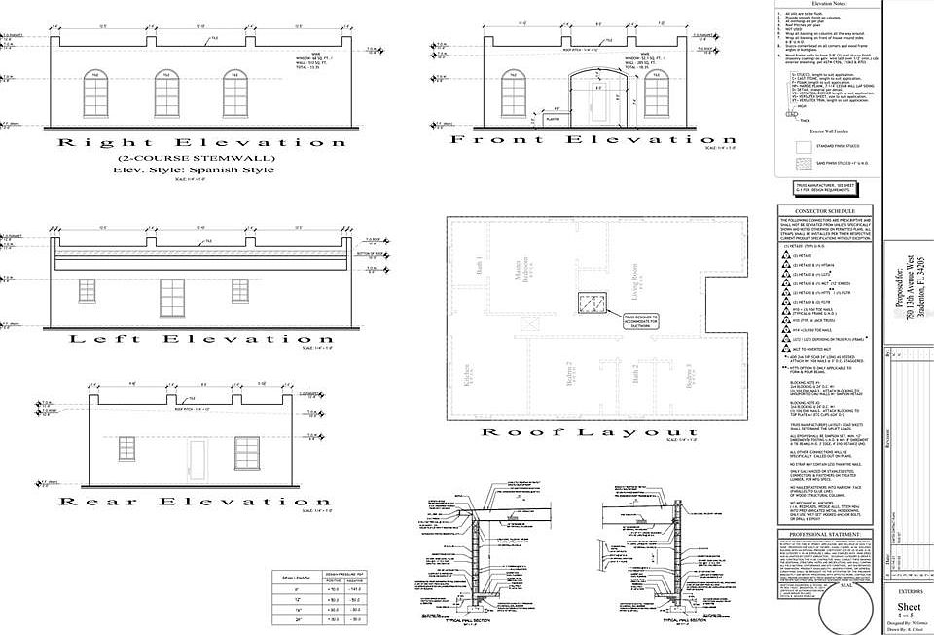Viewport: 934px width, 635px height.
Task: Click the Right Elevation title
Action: [x=202, y=142]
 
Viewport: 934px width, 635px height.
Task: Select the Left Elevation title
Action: [x=187, y=339]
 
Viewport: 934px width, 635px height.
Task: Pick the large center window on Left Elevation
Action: [x=172, y=297]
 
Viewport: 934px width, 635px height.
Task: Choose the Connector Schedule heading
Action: [x=824, y=211]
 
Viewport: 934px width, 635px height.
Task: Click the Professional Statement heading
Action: [x=824, y=535]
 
